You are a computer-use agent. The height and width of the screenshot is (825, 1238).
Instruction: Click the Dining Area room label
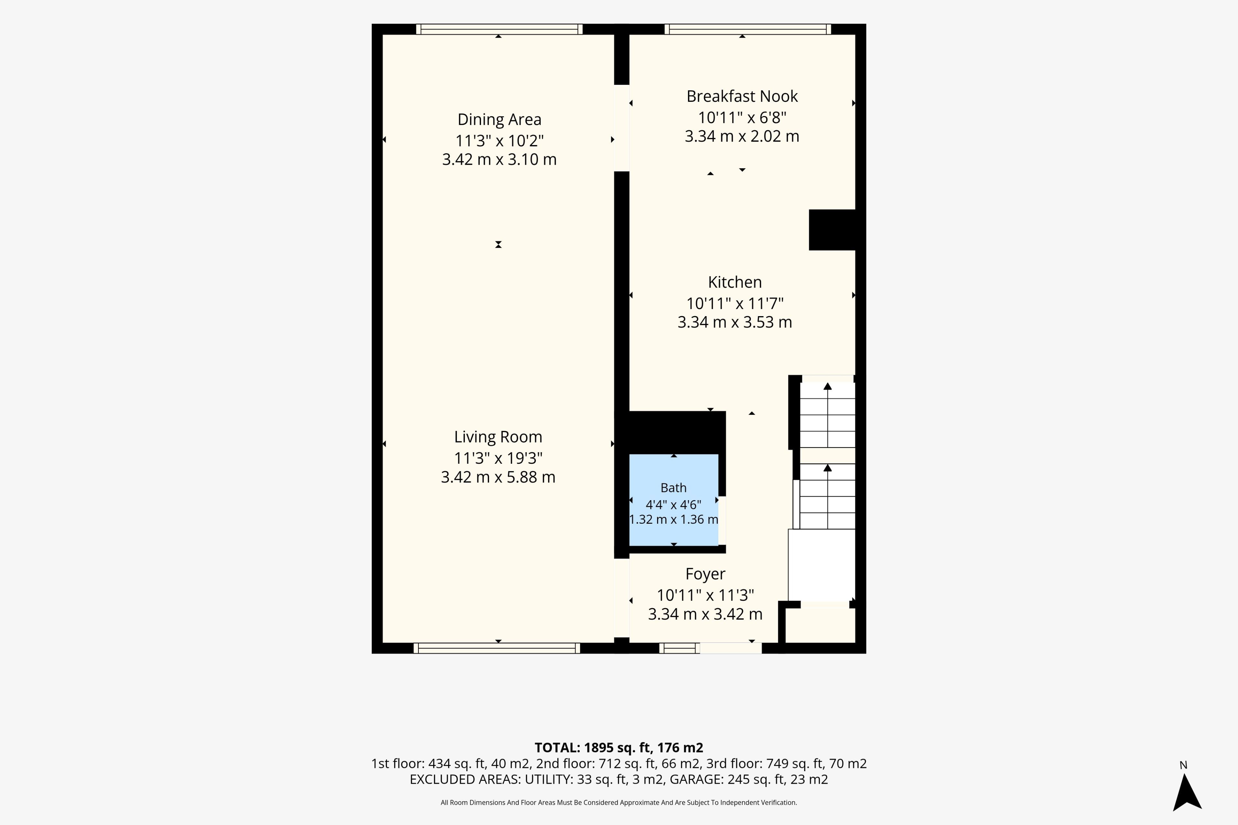click(499, 120)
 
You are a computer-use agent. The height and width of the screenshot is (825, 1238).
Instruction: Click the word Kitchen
click(735, 282)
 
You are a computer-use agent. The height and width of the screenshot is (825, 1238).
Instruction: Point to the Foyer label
click(705, 574)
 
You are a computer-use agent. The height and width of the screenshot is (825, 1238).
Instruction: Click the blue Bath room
click(674, 500)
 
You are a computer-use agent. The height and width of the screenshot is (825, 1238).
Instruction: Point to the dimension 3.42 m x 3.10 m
click(499, 160)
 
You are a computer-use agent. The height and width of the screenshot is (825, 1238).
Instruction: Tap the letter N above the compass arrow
click(1183, 765)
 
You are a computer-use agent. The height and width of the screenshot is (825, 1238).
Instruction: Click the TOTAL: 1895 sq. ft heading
click(619, 748)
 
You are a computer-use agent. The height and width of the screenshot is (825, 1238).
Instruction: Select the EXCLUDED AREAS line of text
click(619, 779)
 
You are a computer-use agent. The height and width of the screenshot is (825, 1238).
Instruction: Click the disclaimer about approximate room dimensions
click(619, 802)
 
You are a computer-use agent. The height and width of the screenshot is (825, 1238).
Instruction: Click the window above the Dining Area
click(499, 29)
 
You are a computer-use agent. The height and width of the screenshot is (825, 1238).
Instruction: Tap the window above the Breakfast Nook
click(747, 29)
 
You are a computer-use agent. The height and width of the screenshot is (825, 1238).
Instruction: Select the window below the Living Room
click(496, 648)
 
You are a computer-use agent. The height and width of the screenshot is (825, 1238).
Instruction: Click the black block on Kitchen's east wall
click(832, 230)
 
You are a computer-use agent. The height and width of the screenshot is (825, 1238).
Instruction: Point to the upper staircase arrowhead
click(828, 386)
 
